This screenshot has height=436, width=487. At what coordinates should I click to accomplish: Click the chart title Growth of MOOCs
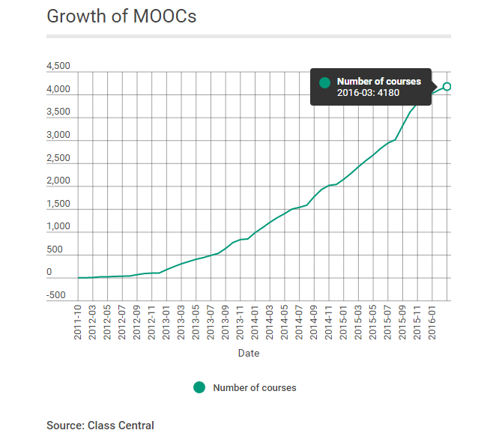tap(121, 16)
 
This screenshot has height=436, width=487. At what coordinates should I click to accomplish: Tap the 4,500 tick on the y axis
tap(58, 67)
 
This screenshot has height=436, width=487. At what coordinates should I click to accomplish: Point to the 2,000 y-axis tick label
tap(58, 181)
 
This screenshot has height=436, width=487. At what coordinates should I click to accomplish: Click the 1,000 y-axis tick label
tap(58, 227)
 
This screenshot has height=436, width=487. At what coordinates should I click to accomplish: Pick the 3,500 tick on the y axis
tap(58, 112)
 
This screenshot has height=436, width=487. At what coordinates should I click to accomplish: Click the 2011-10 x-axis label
tap(78, 323)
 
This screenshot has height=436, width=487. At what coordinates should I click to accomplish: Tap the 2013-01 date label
tap(166, 323)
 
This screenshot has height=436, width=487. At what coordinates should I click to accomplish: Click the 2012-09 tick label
tap(137, 323)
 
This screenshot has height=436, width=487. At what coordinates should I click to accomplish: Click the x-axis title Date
tap(249, 352)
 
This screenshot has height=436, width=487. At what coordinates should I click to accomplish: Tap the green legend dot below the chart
tap(199, 387)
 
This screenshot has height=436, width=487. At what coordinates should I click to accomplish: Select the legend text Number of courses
tap(255, 388)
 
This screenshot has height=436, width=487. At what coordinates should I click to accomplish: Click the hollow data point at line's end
tap(447, 87)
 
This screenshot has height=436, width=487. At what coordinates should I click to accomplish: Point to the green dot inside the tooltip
tap(324, 82)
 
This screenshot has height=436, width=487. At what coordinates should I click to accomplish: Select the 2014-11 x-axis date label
tap(329, 323)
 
